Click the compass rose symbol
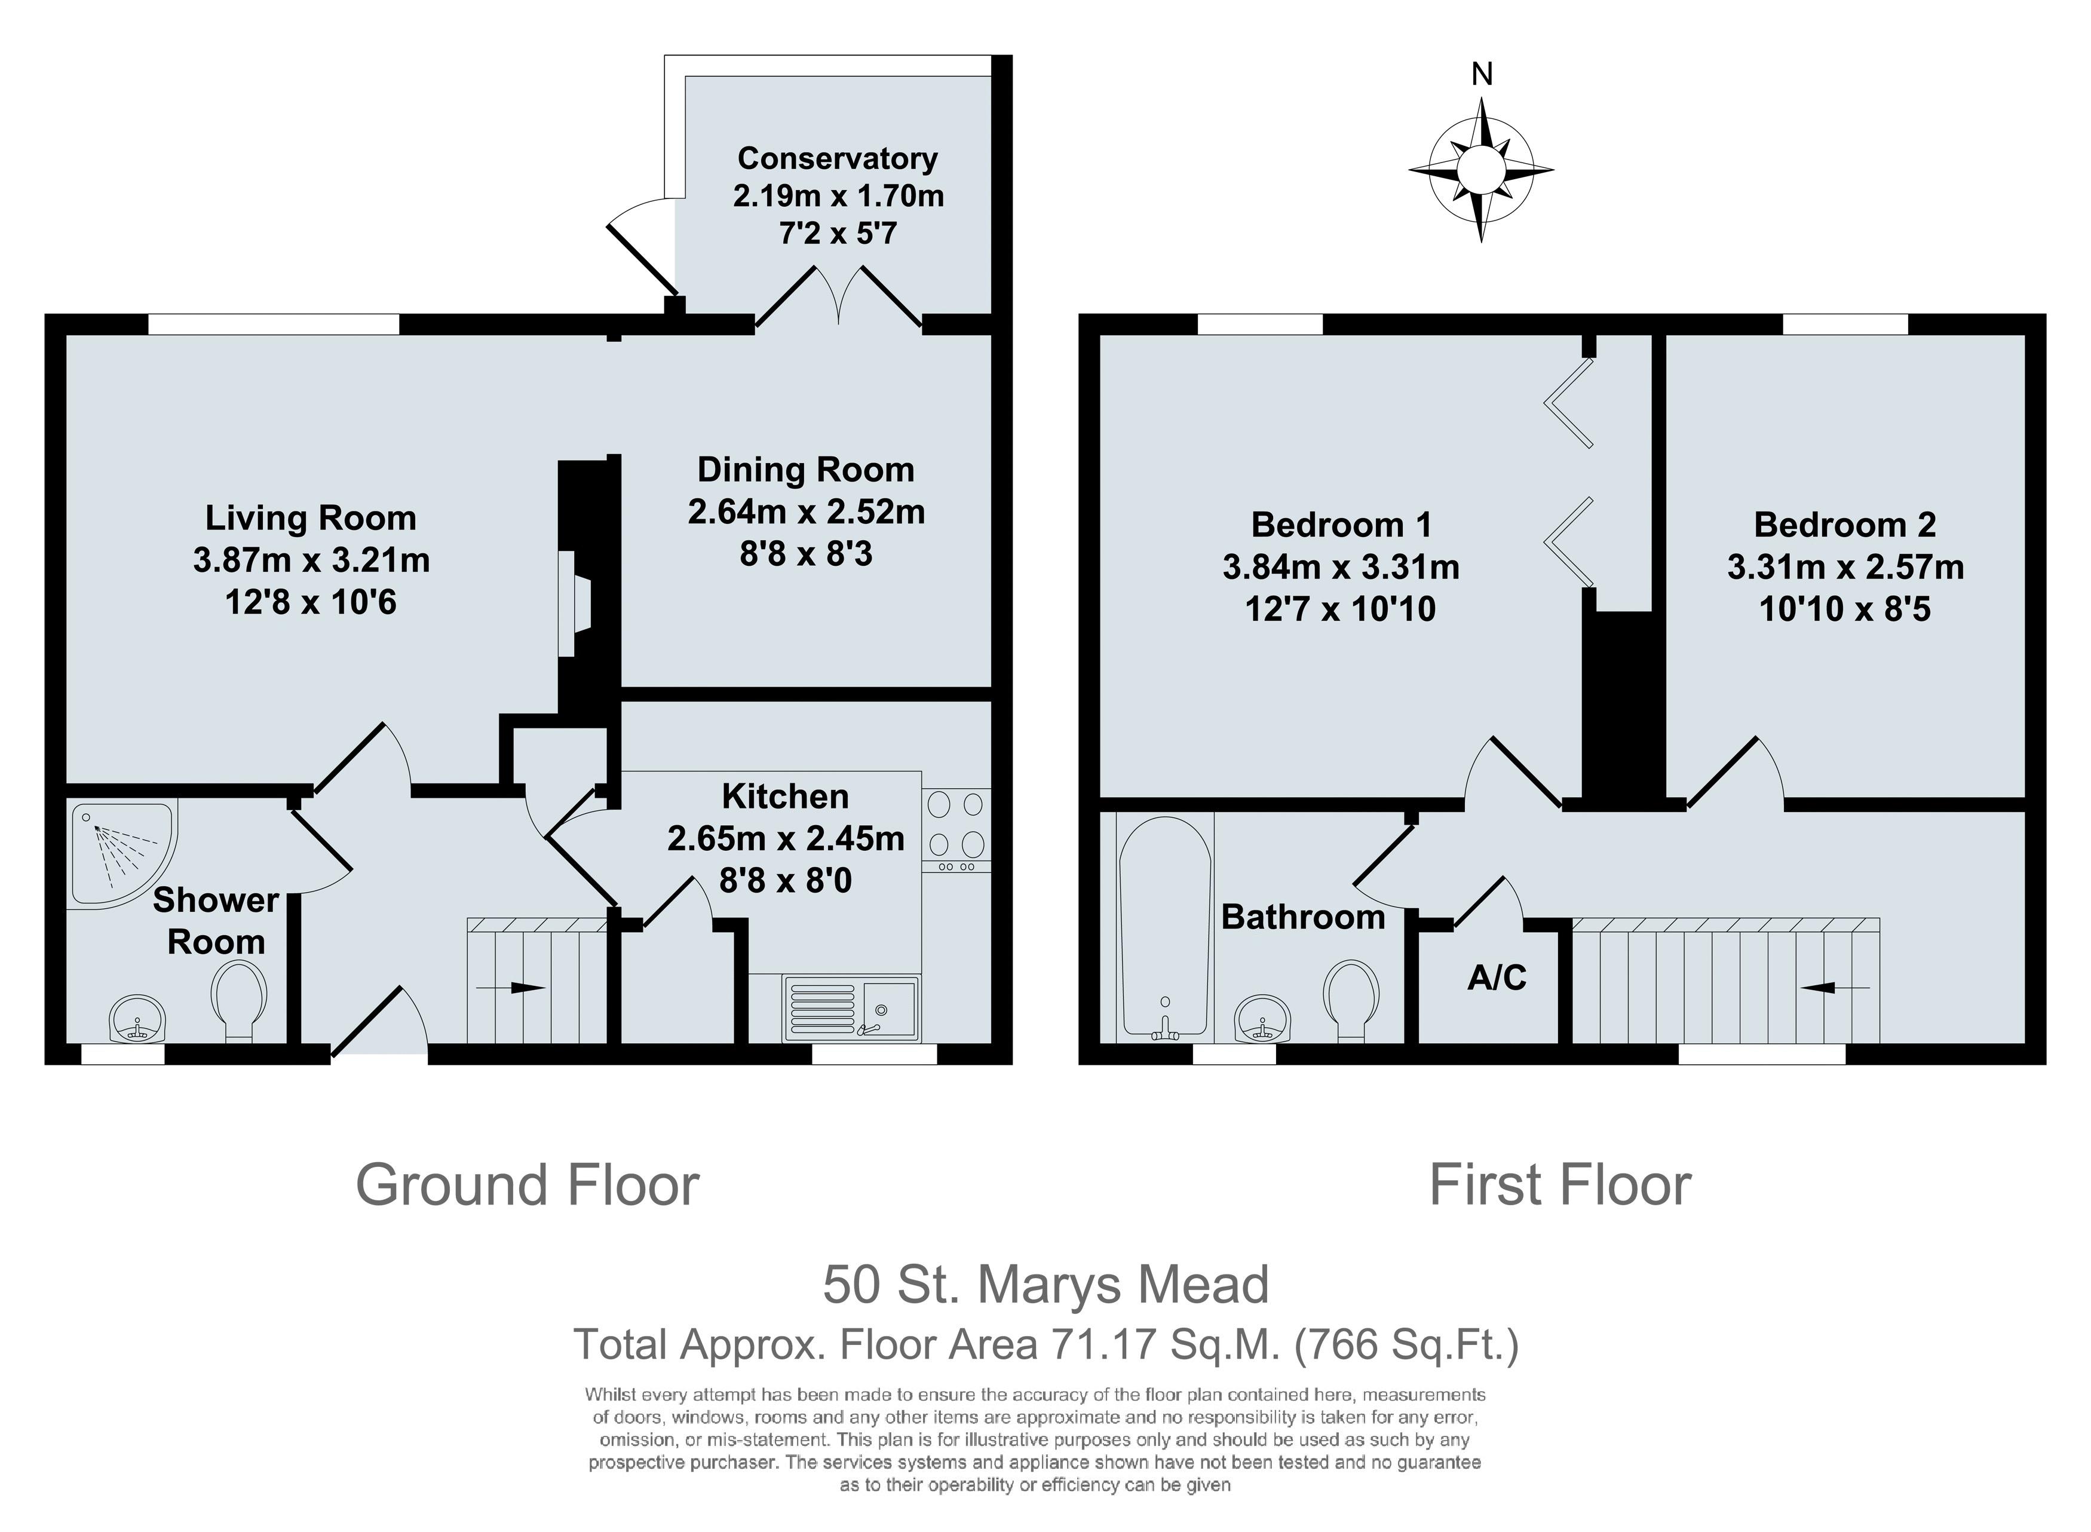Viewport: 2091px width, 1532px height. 1481,171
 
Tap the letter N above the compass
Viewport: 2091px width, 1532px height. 1482,74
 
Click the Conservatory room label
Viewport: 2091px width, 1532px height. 838,158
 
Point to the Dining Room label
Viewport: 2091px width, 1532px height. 806,470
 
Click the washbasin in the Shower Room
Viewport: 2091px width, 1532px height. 136,1020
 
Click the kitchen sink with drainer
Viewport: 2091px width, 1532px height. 851,1008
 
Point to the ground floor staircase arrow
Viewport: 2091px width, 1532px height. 510,988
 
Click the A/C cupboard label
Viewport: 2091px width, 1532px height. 1497,978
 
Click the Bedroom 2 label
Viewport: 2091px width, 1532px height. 1844,525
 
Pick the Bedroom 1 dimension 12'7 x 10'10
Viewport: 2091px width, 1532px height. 1340,609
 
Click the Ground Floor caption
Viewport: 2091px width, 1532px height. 527,1186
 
